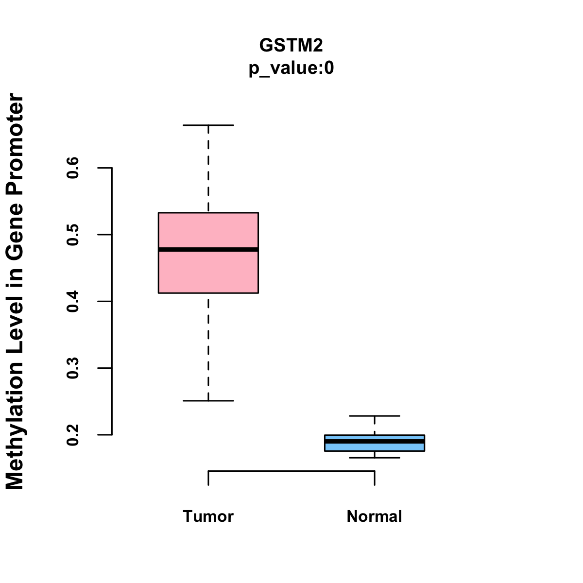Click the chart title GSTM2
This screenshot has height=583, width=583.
pyautogui.click(x=291, y=45)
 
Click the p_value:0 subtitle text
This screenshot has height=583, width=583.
pyautogui.click(x=291, y=69)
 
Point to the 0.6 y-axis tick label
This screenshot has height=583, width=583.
pyautogui.click(x=73, y=168)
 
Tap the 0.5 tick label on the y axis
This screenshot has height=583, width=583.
pyautogui.click(x=73, y=235)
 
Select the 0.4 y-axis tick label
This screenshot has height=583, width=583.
pyautogui.click(x=73, y=301)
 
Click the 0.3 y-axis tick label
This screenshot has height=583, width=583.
pyautogui.click(x=73, y=368)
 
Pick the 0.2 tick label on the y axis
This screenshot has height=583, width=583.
pyautogui.click(x=73, y=435)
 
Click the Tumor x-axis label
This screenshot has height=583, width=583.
pyautogui.click(x=208, y=516)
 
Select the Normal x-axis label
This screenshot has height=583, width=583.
pyautogui.click(x=374, y=516)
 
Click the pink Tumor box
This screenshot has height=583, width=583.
pyautogui.click(x=208, y=272)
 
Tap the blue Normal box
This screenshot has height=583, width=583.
pyautogui.click(x=375, y=447)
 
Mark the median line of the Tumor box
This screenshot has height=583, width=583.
pyautogui.click(x=208, y=250)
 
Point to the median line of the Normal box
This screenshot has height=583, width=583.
pyautogui.click(x=375, y=441)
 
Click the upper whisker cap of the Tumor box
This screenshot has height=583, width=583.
pyautogui.click(x=208, y=125)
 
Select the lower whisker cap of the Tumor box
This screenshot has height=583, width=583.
pyautogui.click(x=208, y=401)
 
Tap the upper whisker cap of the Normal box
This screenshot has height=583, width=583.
pyautogui.click(x=375, y=416)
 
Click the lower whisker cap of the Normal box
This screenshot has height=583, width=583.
pyautogui.click(x=375, y=458)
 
